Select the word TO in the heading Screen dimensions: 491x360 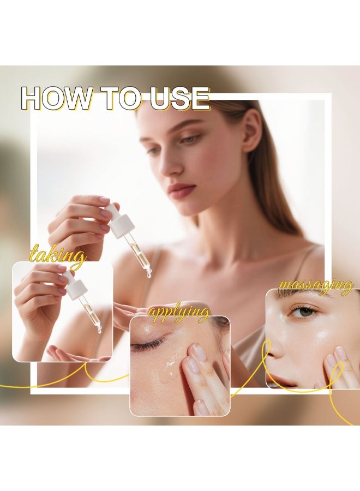tap(121, 99)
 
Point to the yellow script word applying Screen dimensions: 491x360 tap(179, 313)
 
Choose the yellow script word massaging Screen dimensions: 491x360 tap(316, 285)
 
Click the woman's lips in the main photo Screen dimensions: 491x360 tap(182, 190)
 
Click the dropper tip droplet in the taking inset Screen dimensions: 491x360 tap(99, 330)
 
